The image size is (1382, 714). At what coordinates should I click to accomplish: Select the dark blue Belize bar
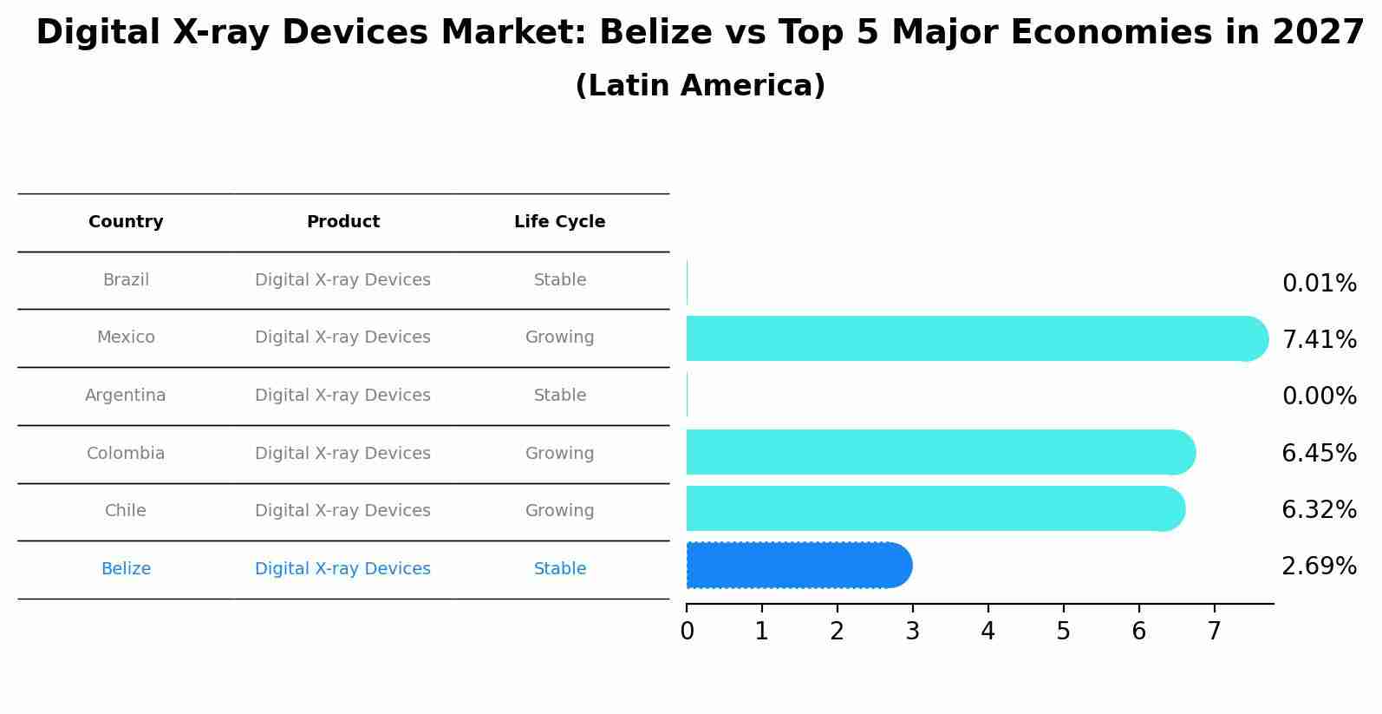pos(798,566)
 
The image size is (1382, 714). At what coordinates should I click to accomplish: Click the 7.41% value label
pos(1319,340)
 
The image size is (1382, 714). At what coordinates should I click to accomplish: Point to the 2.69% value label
pos(1319,567)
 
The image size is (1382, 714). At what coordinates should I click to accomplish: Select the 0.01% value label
pos(1319,284)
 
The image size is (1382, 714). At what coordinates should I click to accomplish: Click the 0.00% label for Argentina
pos(1319,396)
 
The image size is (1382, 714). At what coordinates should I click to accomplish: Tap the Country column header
pos(126,222)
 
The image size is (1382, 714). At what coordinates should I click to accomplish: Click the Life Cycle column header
pos(559,222)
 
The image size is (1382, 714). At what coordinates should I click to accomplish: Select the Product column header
pos(343,222)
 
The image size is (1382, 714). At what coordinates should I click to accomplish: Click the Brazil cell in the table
pos(126,280)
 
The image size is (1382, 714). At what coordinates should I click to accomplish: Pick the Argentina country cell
pos(126,396)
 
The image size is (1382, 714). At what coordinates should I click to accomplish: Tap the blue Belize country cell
pos(126,569)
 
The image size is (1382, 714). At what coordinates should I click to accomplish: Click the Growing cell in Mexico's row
pos(559,337)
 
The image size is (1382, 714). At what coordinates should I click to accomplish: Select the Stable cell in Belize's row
pos(559,569)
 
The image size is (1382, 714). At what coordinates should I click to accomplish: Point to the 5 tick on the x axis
pos(1063,632)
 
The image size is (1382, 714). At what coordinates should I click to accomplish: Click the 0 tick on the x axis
pos(687,632)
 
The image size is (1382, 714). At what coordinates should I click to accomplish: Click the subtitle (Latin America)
pos(700,86)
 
